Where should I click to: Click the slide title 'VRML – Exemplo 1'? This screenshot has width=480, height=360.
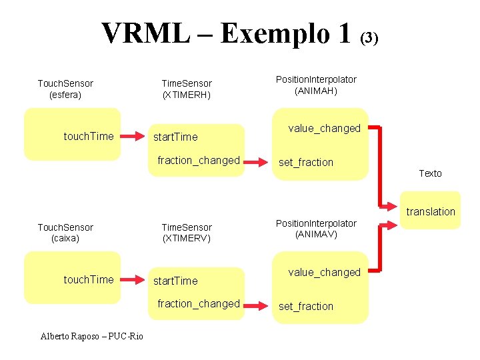pyautogui.click(x=226, y=33)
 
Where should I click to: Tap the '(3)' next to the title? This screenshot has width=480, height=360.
pyautogui.click(x=369, y=38)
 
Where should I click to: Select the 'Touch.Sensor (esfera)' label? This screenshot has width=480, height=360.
pyautogui.click(x=65, y=89)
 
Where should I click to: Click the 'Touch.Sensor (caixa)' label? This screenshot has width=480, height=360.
pyautogui.click(x=65, y=233)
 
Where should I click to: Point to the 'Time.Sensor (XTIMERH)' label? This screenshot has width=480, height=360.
pyautogui.click(x=187, y=89)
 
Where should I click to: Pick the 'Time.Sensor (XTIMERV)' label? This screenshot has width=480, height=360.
pyautogui.click(x=187, y=233)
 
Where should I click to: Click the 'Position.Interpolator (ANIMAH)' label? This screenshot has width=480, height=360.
pyautogui.click(x=316, y=85)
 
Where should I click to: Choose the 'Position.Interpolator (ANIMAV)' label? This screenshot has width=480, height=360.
pyautogui.click(x=316, y=229)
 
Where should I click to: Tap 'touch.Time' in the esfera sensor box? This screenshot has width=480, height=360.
pyautogui.click(x=89, y=136)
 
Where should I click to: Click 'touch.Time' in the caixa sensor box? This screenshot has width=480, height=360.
pyautogui.click(x=89, y=279)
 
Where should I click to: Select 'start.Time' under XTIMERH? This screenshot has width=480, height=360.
pyautogui.click(x=175, y=137)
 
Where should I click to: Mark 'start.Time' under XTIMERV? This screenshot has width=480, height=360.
pyautogui.click(x=175, y=281)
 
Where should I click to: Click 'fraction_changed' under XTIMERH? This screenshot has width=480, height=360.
pyautogui.click(x=198, y=160)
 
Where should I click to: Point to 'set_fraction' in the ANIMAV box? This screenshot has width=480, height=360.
pyautogui.click(x=306, y=307)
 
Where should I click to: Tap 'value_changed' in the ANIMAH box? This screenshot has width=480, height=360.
pyautogui.click(x=324, y=128)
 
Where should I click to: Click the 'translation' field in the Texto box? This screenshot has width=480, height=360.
pyautogui.click(x=431, y=212)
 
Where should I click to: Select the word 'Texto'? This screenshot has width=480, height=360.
pyautogui.click(x=430, y=173)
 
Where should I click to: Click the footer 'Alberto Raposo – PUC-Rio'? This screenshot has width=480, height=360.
pyautogui.click(x=91, y=336)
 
